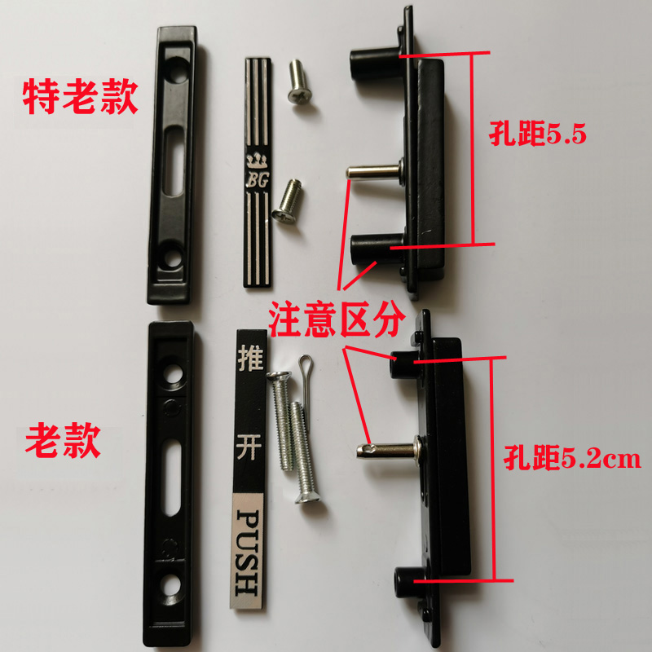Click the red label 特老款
pyautogui.click(x=79, y=96)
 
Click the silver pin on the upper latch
pyautogui.click(x=372, y=172)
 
